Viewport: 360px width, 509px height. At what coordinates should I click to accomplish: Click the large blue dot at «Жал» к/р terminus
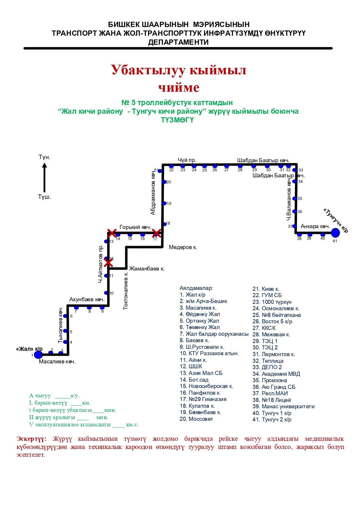38,355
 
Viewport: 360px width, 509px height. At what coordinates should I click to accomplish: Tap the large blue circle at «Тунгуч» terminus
335,233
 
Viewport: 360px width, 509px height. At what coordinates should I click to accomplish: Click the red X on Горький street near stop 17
156,233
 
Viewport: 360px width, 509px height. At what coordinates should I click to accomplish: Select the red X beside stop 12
108,263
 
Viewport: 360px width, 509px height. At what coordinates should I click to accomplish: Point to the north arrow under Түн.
44,177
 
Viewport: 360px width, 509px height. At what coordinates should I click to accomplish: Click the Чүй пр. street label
187,160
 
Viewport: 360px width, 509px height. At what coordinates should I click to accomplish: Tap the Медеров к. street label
183,247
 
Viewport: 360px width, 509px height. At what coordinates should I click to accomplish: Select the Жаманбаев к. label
147,269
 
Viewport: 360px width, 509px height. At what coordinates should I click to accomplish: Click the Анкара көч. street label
316,226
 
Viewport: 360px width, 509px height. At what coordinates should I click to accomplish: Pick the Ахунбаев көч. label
87,299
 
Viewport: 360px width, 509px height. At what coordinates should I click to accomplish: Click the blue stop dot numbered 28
240,166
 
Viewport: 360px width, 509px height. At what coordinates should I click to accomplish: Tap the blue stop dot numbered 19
164,203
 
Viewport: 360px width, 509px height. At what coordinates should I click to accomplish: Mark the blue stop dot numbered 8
89,307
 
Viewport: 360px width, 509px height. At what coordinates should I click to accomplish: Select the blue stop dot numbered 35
294,199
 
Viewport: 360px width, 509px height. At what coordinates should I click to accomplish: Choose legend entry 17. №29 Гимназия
203,399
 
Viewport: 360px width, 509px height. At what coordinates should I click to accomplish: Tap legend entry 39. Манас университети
283,407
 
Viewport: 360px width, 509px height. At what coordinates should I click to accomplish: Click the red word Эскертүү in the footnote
31,438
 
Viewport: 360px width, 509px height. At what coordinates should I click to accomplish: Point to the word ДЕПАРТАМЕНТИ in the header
178,42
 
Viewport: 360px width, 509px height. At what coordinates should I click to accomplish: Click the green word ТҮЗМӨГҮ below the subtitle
177,120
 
